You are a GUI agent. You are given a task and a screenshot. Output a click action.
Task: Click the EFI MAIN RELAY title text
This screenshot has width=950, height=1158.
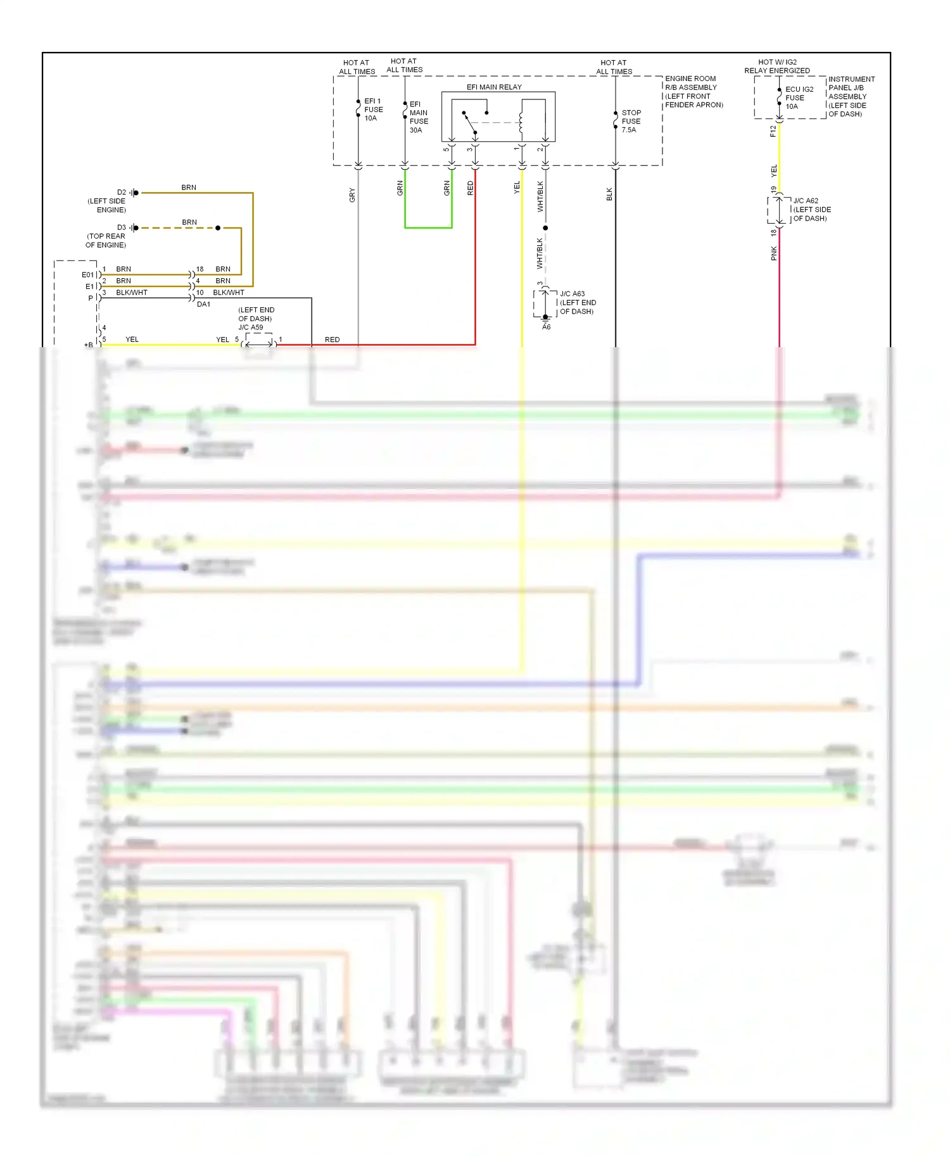(494, 87)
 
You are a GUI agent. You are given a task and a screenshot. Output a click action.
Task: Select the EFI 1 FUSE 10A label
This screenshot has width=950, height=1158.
(373, 110)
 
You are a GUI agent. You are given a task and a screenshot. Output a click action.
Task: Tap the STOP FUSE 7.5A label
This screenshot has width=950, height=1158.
(631, 121)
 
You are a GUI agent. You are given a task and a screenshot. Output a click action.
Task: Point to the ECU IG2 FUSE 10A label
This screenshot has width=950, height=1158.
(799, 98)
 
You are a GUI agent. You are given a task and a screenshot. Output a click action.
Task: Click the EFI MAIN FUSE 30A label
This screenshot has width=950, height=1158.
(418, 117)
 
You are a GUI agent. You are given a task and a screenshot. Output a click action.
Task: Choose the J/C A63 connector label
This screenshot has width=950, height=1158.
(577, 302)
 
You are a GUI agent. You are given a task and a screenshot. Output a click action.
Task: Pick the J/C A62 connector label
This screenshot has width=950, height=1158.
(811, 209)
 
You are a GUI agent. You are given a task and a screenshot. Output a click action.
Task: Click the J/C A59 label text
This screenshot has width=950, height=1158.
(251, 328)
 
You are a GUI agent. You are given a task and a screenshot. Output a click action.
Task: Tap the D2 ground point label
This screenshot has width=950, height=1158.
(122, 192)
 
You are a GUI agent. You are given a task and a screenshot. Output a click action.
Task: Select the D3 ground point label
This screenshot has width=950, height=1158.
(122, 227)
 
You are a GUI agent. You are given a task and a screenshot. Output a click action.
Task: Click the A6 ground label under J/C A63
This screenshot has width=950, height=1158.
(546, 327)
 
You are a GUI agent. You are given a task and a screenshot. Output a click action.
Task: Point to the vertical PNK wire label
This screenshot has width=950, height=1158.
(773, 253)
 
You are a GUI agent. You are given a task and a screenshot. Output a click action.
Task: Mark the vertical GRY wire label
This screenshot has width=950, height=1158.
(352, 195)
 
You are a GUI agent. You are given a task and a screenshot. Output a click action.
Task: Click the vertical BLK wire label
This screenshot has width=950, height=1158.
(609, 194)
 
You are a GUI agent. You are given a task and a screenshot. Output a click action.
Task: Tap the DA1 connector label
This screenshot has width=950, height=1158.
(203, 304)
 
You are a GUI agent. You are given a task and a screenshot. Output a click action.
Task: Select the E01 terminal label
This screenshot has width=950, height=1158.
(87, 275)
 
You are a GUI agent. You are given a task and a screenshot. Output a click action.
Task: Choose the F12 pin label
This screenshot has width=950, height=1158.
(773, 131)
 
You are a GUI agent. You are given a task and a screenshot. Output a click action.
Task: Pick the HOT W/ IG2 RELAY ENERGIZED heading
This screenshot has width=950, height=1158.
(777, 67)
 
